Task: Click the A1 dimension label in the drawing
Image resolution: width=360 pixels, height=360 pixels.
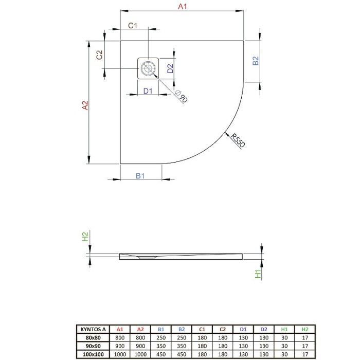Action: tap(181, 7)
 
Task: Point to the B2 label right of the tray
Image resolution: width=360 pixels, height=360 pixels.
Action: tap(255, 61)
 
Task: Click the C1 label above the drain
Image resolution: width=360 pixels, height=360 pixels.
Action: tap(132, 26)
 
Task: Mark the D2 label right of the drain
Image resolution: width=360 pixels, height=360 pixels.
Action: tap(170, 66)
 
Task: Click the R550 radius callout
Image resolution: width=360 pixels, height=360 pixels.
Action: tap(238, 140)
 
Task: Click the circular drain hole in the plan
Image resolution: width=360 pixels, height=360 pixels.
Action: tap(148, 67)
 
